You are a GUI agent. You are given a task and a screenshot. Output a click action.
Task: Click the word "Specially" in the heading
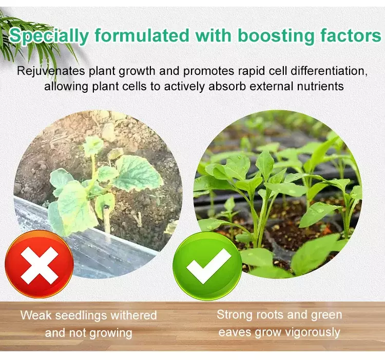(x=48, y=36)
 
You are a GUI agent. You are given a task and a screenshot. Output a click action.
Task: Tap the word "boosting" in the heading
(x=276, y=35)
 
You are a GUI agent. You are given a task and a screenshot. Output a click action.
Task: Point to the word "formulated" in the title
(x=142, y=35)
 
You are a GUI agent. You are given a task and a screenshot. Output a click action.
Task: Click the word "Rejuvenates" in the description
(x=51, y=71)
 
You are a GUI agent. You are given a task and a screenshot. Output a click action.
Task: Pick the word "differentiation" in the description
(x=329, y=71)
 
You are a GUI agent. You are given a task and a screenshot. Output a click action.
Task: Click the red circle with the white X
(x=40, y=265)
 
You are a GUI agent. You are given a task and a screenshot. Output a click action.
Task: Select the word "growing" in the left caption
(x=110, y=333)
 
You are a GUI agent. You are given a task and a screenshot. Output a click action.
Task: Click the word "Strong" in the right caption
(x=235, y=315)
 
